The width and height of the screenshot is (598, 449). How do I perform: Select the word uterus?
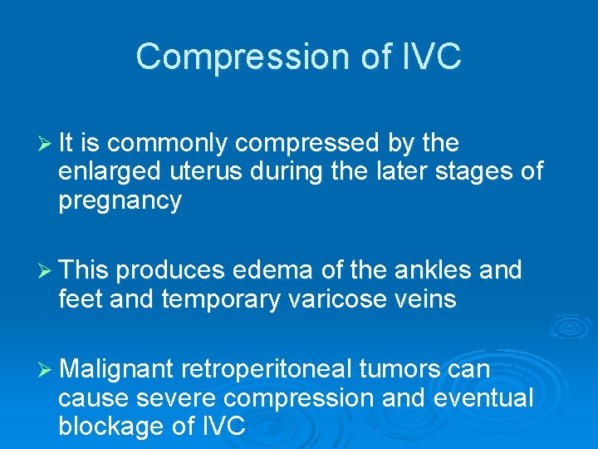point(204,172)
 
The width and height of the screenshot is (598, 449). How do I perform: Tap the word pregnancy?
point(120,201)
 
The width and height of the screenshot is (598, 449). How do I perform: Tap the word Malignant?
point(116,369)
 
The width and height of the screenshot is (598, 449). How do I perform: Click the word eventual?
point(483,398)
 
